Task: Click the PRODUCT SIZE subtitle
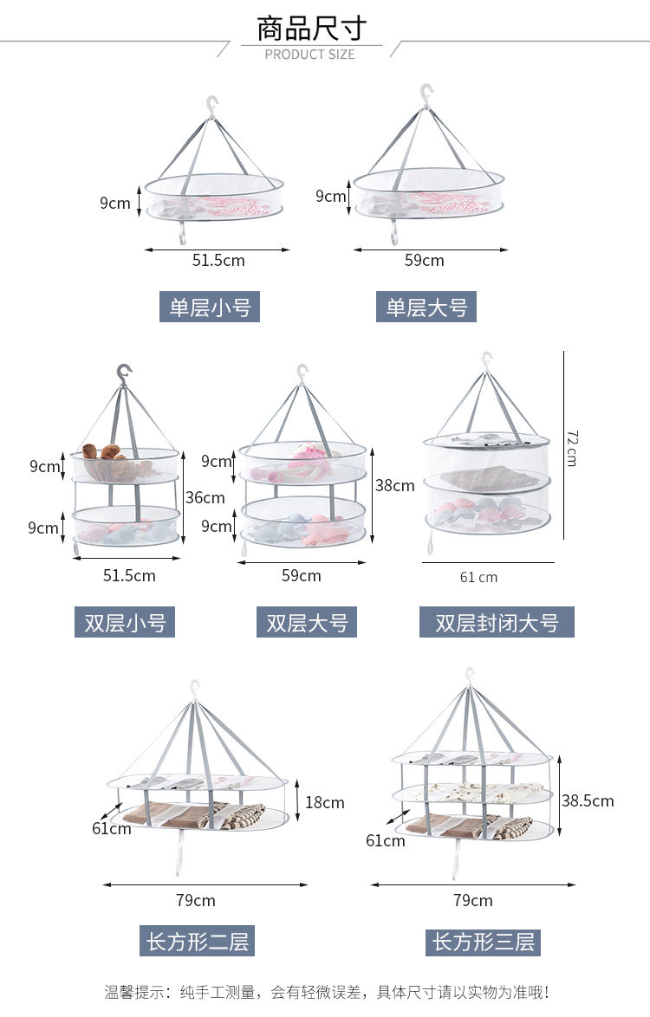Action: pyautogui.click(x=309, y=55)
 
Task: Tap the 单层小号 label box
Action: pyautogui.click(x=210, y=307)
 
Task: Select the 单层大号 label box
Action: pyautogui.click(x=426, y=307)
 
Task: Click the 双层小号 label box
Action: pyautogui.click(x=125, y=622)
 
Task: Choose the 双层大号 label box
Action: pyautogui.click(x=307, y=622)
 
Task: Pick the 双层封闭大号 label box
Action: pyautogui.click(x=497, y=622)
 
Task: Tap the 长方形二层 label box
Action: pyautogui.click(x=198, y=941)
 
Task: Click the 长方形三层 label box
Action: pyautogui.click(x=484, y=942)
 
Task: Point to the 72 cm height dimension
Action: pyautogui.click(x=571, y=448)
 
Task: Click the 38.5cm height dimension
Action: pyautogui.click(x=588, y=801)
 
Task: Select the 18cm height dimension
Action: pyautogui.click(x=324, y=802)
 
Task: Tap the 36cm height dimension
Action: pyautogui.click(x=205, y=497)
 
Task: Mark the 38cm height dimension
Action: pyautogui.click(x=394, y=485)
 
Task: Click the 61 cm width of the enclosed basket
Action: pyautogui.click(x=478, y=577)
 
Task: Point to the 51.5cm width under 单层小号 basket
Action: pyautogui.click(x=218, y=260)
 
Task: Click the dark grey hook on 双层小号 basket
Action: pyautogui.click(x=123, y=374)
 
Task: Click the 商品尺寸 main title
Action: pyautogui.click(x=311, y=29)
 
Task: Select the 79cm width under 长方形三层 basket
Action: pyautogui.click(x=473, y=900)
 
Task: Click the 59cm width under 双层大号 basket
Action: pyautogui.click(x=301, y=575)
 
